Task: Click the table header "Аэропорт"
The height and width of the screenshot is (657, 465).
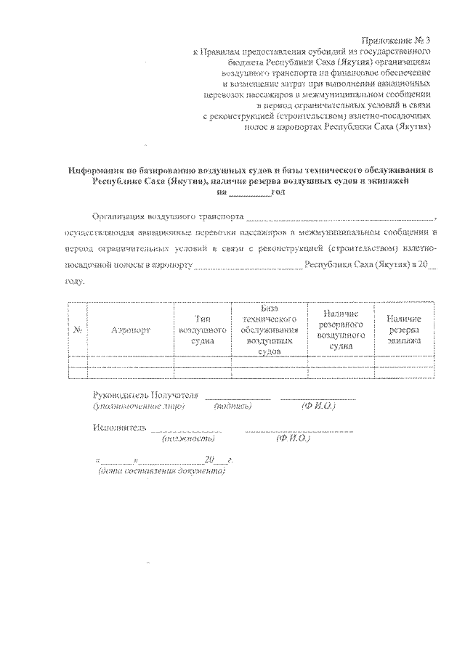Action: pyautogui.click(x=131, y=330)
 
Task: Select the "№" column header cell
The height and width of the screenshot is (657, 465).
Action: pyautogui.click(x=77, y=330)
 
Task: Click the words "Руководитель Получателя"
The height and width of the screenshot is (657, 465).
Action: pyautogui.click(x=145, y=394)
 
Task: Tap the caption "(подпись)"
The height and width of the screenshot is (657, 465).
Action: pyautogui.click(x=232, y=407)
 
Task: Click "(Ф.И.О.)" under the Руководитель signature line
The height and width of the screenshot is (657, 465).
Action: pyautogui.click(x=318, y=407)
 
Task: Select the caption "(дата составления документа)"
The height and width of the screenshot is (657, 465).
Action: pyautogui.click(x=161, y=471)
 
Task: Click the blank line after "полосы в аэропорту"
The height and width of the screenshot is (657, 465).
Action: pyautogui.click(x=247, y=266)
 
